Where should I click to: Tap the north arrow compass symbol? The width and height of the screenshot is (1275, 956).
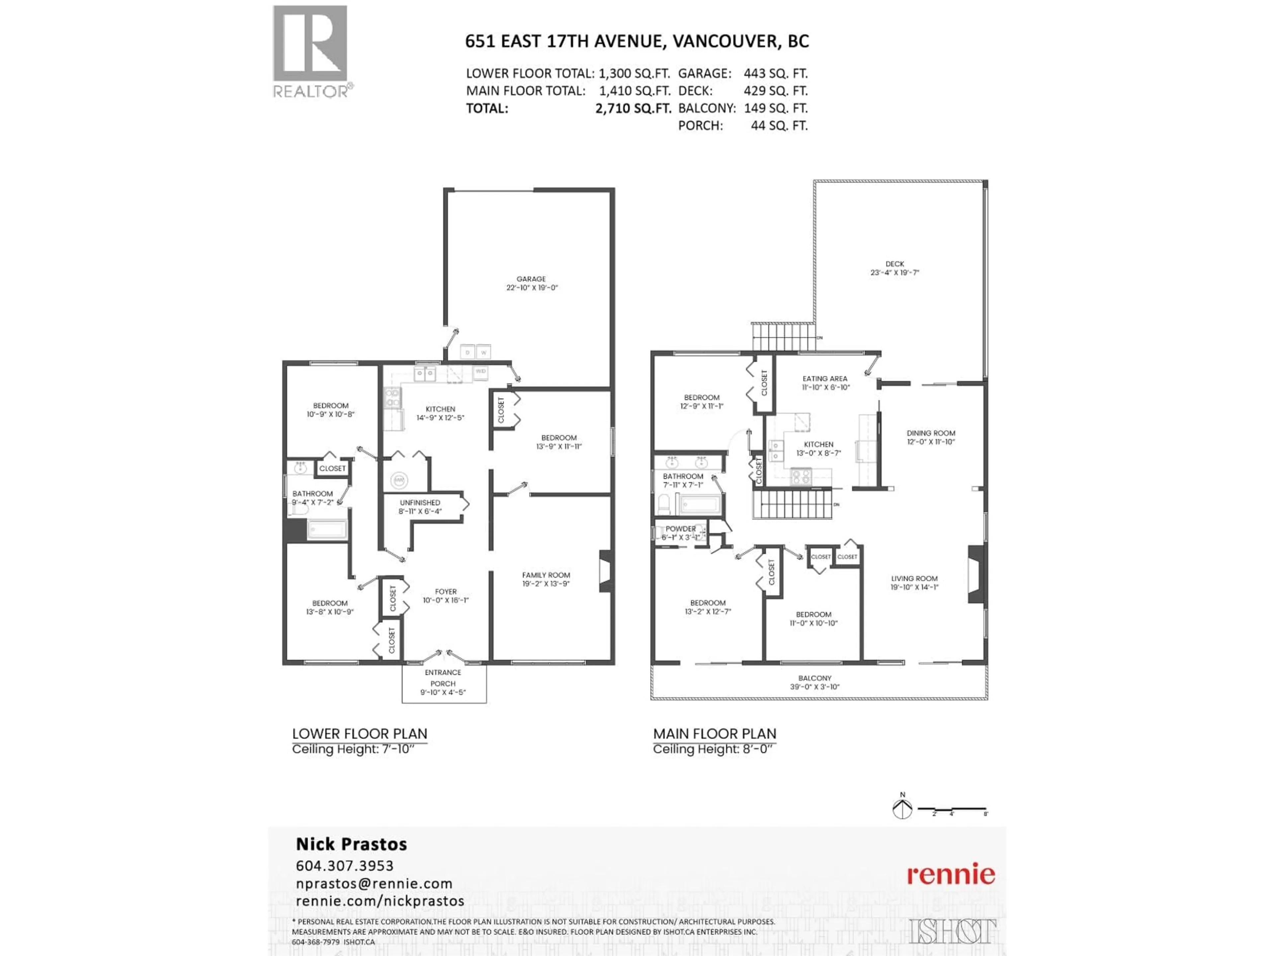[902, 809]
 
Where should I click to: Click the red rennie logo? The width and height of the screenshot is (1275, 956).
[951, 875]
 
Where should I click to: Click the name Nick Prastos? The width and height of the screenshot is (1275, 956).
[351, 844]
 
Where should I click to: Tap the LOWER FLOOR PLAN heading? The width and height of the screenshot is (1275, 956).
[359, 734]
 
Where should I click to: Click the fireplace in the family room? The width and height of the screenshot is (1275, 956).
[606, 571]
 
